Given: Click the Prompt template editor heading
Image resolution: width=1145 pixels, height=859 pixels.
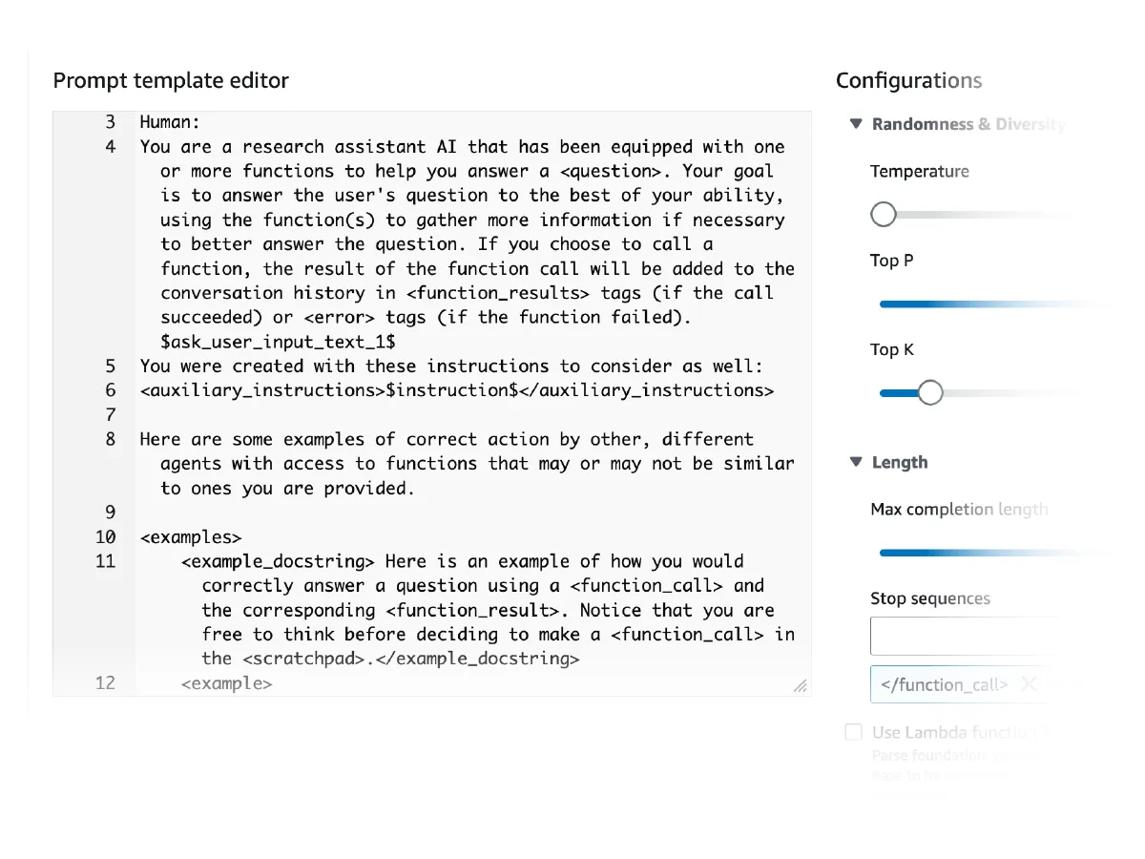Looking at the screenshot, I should tap(171, 81).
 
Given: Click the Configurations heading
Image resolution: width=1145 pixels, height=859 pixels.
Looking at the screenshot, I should tap(908, 81).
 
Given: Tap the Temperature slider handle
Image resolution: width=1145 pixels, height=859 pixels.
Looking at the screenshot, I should tap(884, 214).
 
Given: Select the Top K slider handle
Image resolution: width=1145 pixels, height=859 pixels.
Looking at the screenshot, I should tap(929, 392).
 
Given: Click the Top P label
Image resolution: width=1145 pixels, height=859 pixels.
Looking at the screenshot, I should tap(891, 261).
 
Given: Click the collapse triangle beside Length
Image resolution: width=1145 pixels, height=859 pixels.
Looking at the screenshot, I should tap(856, 463).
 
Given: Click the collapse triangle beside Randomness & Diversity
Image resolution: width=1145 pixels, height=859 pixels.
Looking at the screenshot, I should tap(856, 124).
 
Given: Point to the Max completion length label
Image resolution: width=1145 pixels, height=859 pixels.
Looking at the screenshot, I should tap(958, 510).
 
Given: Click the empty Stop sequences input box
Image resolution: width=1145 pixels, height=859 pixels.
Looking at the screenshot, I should tap(958, 637).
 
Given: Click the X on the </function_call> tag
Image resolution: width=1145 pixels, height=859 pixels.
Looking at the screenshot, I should tap(1029, 683).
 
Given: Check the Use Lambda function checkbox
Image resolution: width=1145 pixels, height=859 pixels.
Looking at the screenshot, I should tap(853, 732).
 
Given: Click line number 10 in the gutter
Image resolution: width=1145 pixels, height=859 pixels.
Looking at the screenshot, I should tap(105, 537).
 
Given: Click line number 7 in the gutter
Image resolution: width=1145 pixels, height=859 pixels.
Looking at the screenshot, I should tap(110, 415).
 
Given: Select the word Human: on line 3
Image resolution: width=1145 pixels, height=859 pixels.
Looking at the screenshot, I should tap(169, 122).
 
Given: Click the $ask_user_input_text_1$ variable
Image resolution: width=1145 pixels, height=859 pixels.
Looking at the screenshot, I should tap(278, 342).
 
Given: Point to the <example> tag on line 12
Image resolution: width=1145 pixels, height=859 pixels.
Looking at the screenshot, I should tap(227, 683).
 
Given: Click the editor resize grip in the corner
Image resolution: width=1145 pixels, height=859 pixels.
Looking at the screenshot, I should tap(801, 685).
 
